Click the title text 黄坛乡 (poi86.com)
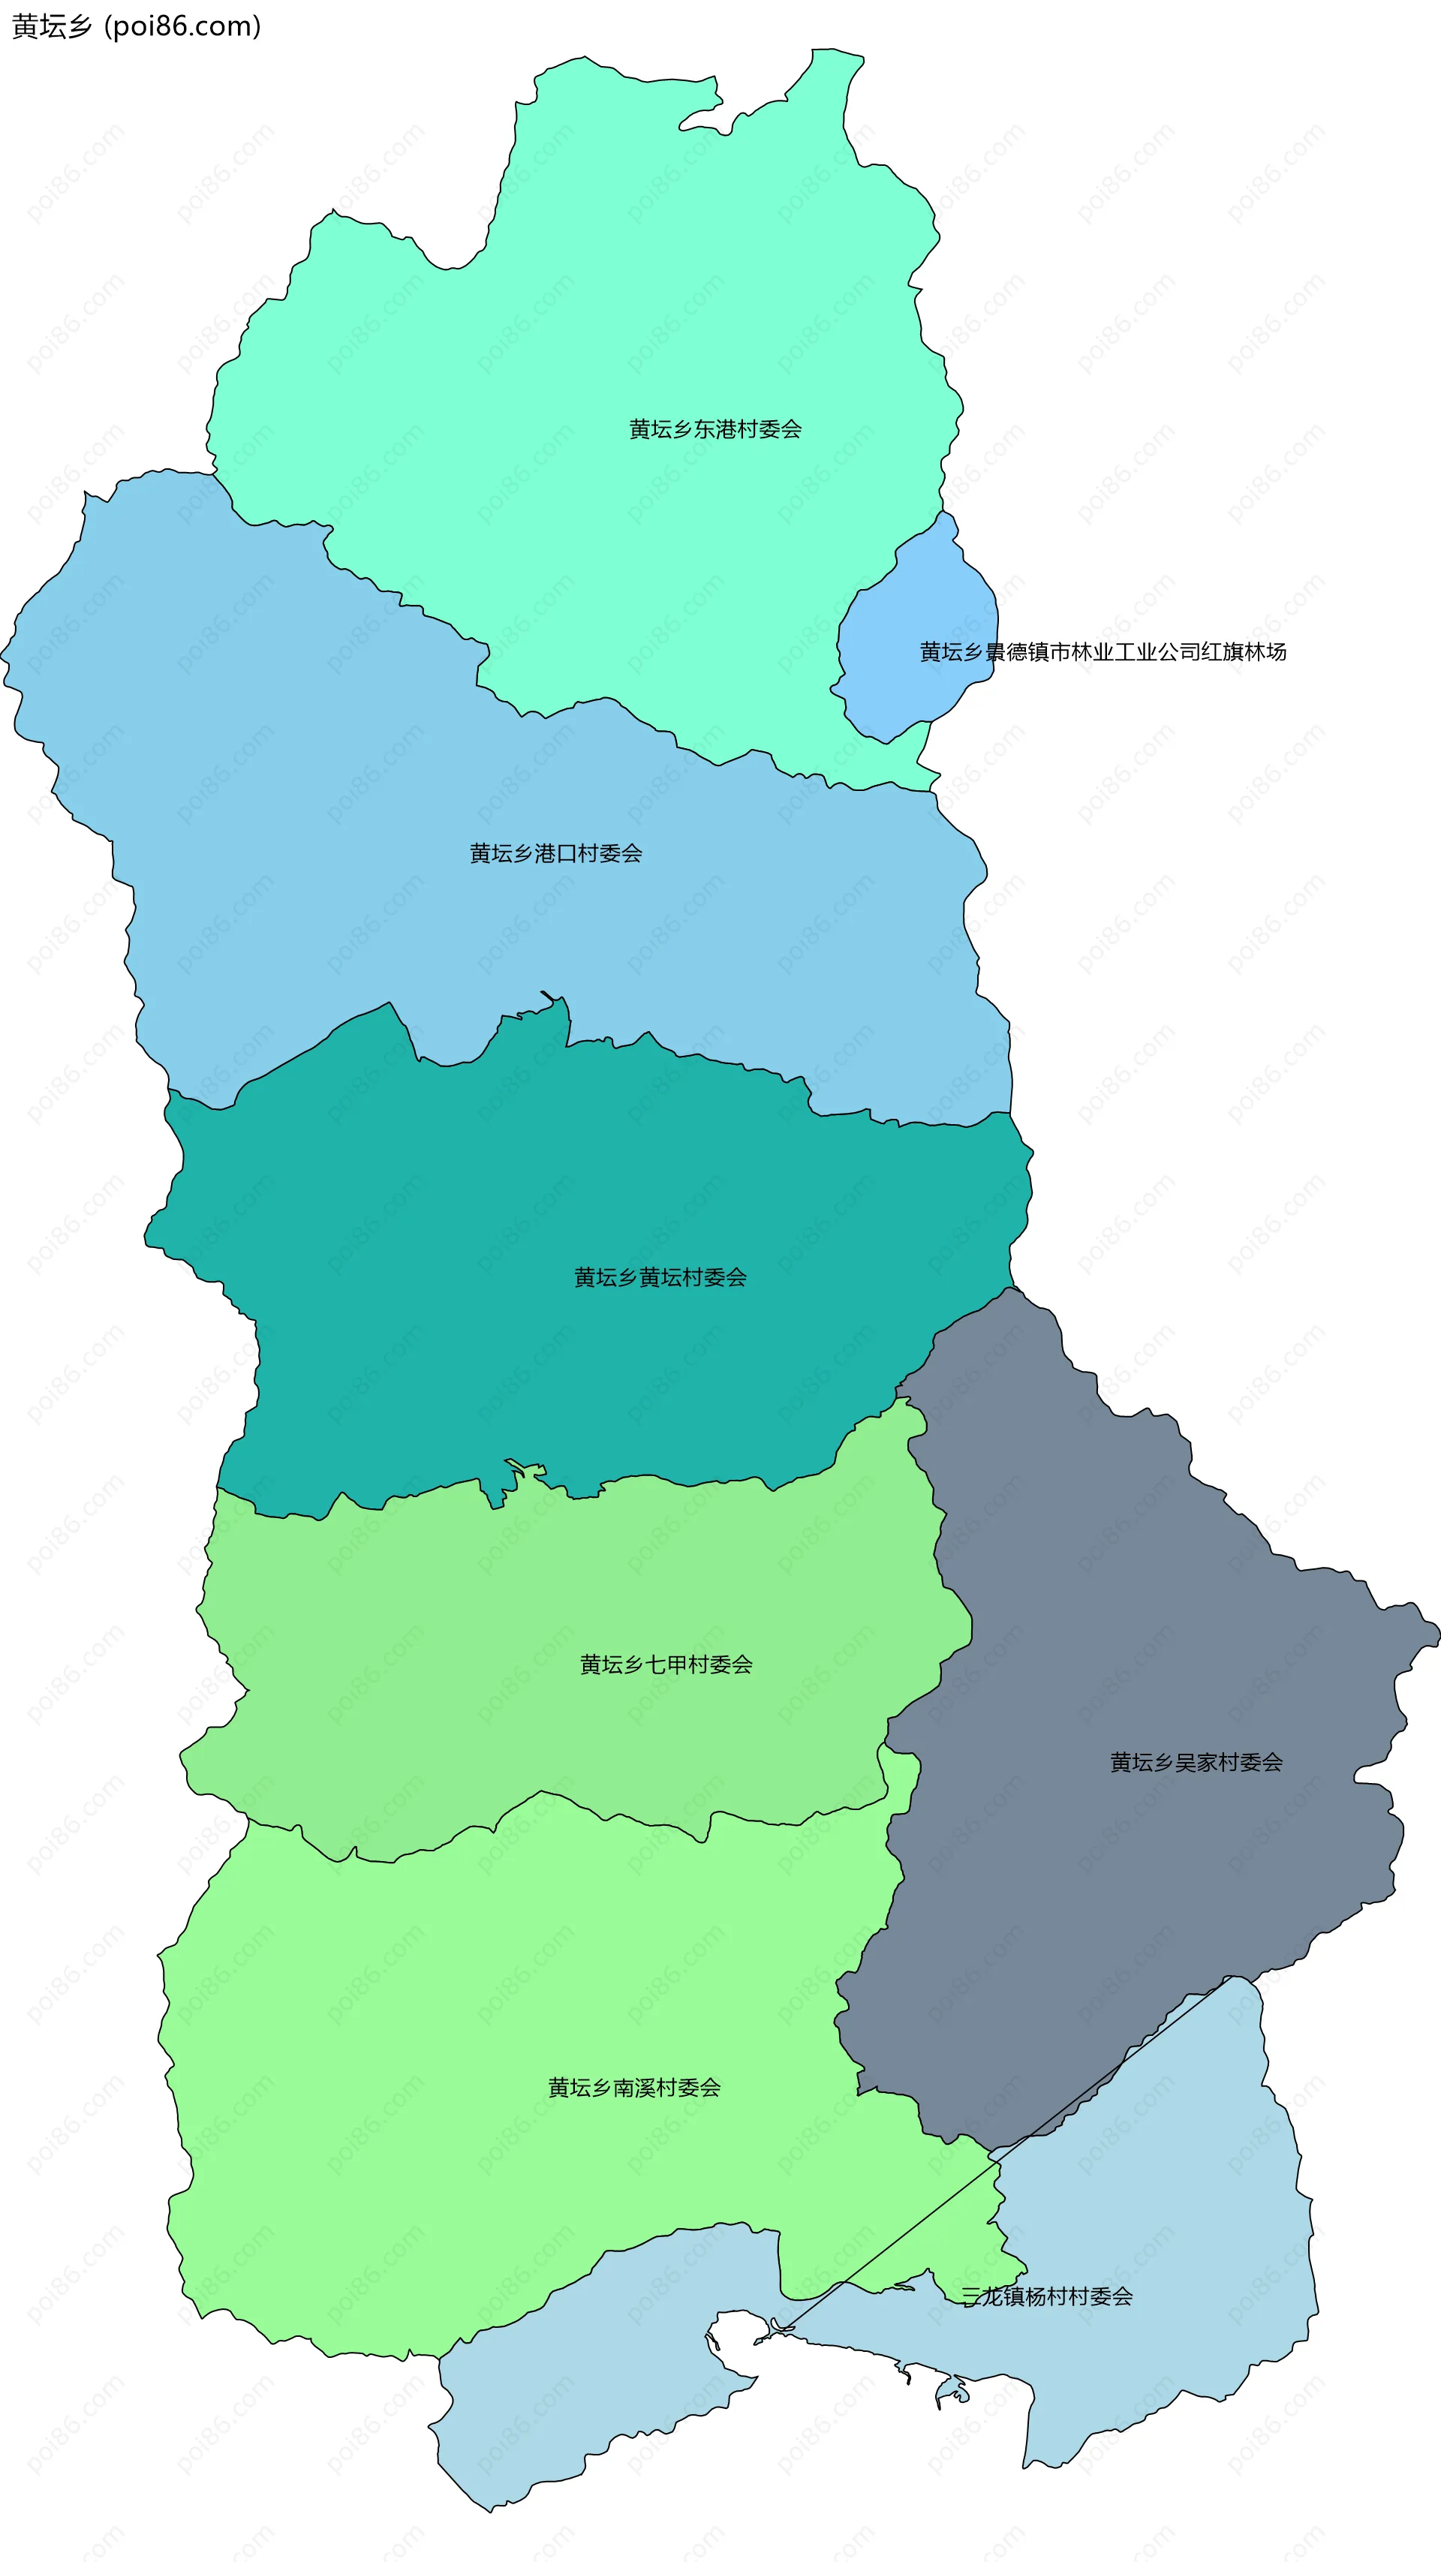137,26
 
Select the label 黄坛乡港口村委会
556,853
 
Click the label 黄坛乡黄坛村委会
660,1277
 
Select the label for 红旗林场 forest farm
1103,652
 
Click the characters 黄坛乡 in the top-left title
52,26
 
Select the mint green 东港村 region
597,299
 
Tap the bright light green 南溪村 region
447,2088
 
